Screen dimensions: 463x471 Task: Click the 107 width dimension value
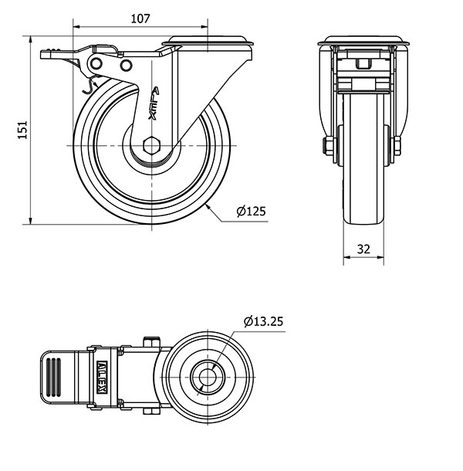tap(140, 19)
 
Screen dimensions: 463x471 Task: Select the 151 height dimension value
tap(22, 130)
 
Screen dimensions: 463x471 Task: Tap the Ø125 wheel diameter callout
tap(251, 212)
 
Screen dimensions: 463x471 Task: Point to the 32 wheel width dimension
tap(363, 249)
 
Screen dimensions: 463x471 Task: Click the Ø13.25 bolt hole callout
tap(263, 322)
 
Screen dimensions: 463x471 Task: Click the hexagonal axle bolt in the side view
tap(151, 146)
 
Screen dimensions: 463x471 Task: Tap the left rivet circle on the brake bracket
tap(96, 63)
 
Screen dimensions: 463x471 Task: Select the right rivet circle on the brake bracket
tap(126, 65)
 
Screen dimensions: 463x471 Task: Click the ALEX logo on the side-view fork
tap(154, 103)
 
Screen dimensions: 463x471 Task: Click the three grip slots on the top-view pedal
tap(54, 378)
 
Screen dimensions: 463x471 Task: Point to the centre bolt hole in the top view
tap(208, 378)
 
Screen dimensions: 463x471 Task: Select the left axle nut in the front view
tap(328, 146)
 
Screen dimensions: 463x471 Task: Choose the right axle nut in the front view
tap(397, 146)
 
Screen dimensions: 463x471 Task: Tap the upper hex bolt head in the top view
tap(151, 341)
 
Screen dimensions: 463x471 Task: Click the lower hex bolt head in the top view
tap(151, 412)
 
